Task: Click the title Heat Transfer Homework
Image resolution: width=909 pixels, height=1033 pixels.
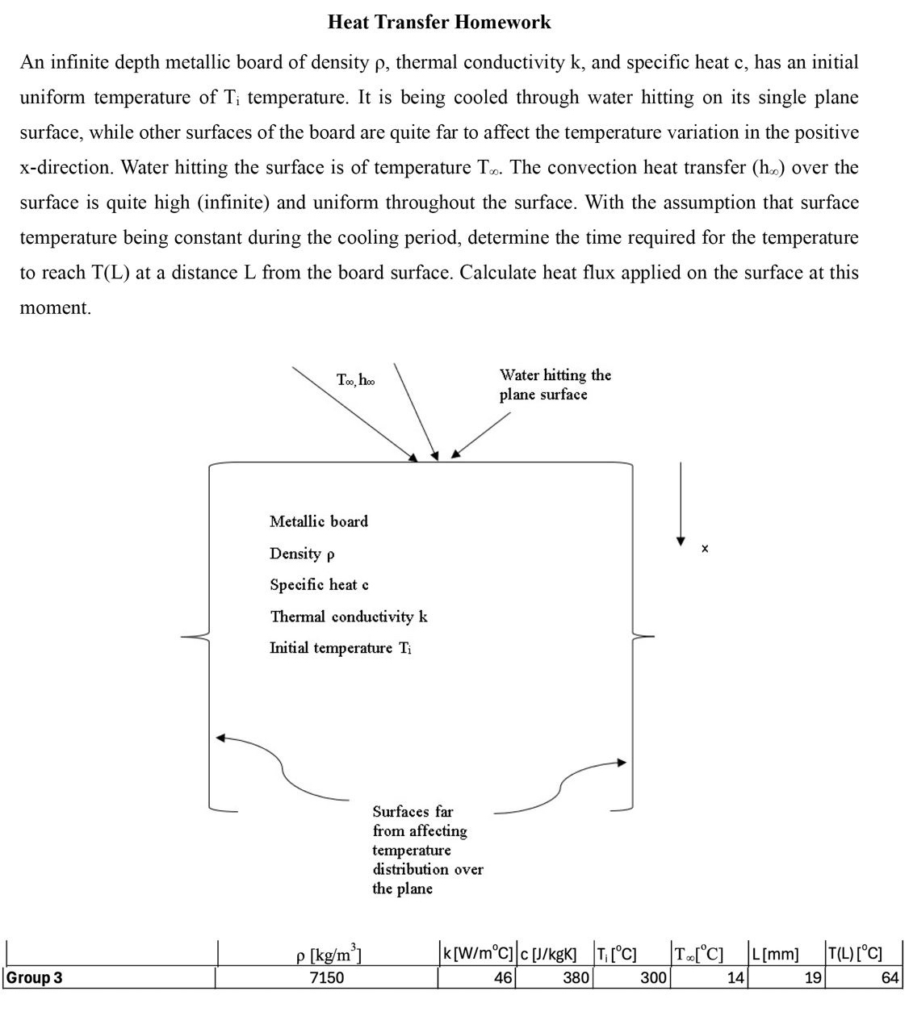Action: [439, 23]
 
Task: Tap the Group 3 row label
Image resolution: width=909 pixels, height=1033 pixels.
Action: [35, 978]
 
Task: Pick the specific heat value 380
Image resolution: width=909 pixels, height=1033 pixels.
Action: [576, 978]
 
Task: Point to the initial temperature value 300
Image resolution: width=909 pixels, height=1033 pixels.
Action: [653, 978]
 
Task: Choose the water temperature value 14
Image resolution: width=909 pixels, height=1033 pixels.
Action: [735, 978]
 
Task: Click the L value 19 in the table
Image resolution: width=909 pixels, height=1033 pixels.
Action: [812, 978]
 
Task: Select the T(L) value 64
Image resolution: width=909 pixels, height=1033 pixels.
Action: [890, 978]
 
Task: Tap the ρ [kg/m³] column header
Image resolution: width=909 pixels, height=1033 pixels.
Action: [328, 955]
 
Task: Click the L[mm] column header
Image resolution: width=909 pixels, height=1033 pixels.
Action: [774, 955]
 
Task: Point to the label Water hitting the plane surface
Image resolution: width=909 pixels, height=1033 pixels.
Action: [555, 385]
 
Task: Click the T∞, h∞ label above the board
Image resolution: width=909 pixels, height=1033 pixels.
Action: [355, 379]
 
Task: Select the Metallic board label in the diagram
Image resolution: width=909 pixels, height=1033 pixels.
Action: [319, 521]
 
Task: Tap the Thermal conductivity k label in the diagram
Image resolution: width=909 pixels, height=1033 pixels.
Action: [349, 617]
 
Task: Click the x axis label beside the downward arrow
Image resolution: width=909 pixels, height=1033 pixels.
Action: [705, 549]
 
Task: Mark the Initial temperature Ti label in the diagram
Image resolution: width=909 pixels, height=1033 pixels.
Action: [341, 648]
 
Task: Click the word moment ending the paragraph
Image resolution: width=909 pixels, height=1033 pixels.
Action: [55, 307]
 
